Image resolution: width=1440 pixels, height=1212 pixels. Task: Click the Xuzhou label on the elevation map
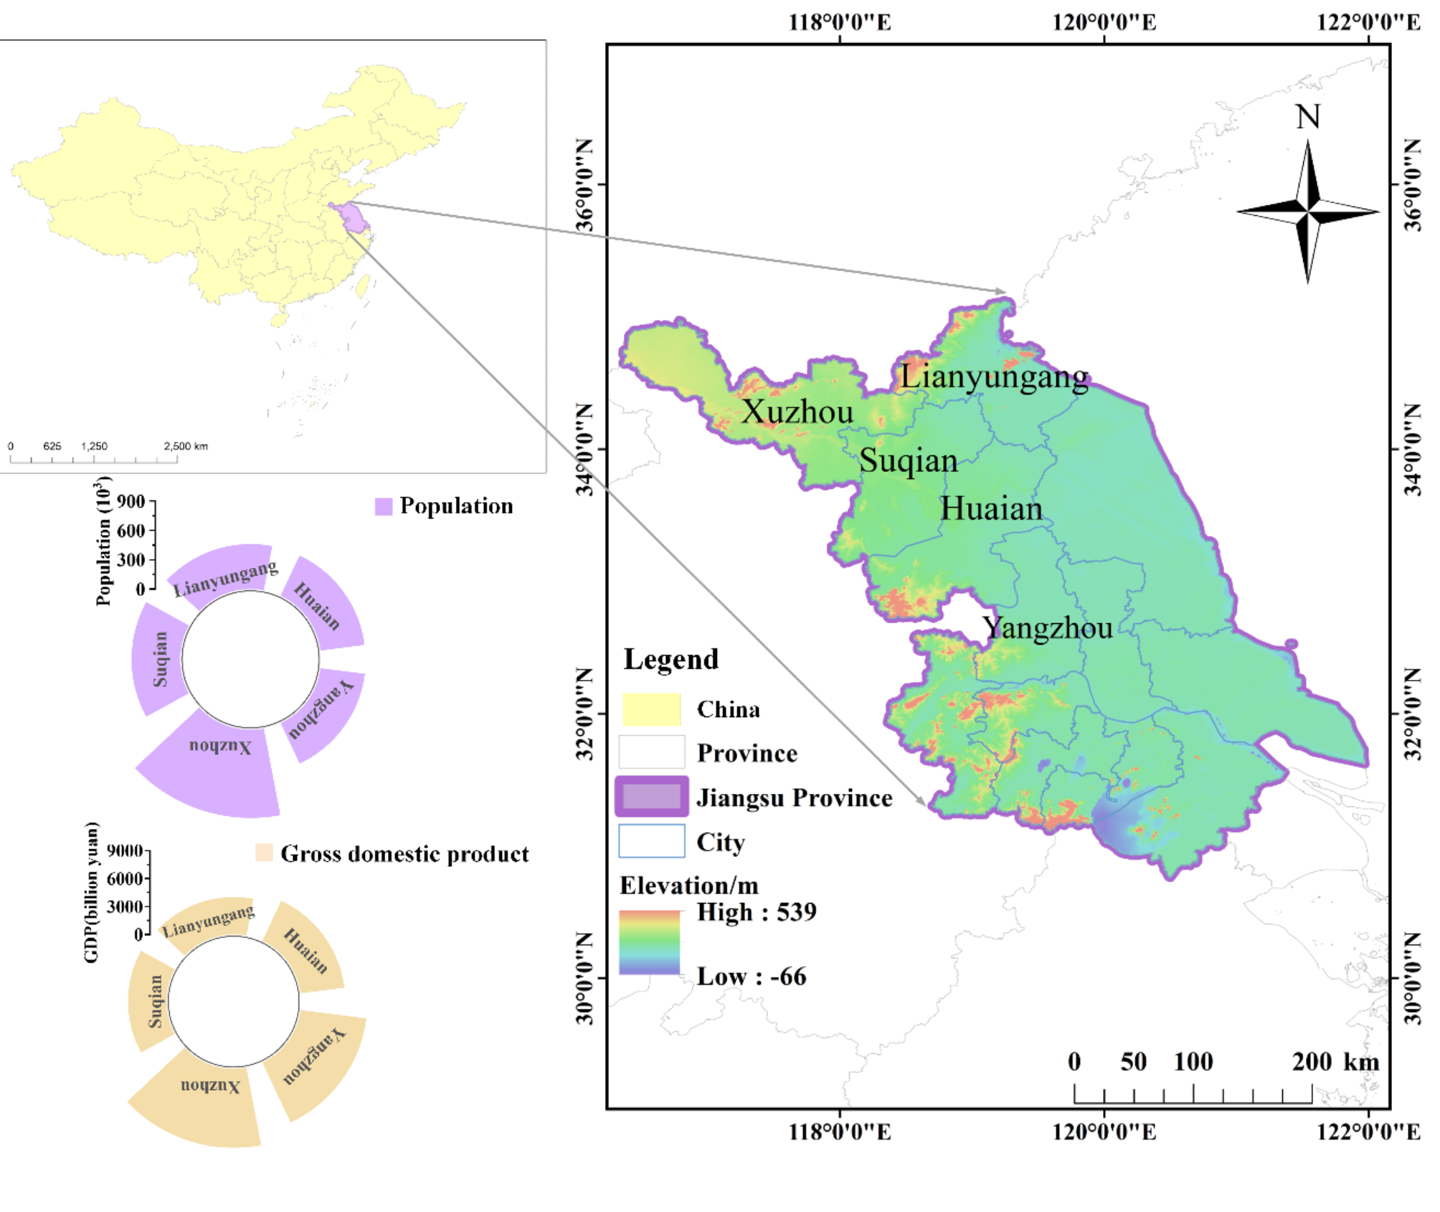(797, 412)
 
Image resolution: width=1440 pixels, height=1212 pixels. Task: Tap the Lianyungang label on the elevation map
(994, 377)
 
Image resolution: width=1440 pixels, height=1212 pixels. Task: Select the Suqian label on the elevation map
(908, 461)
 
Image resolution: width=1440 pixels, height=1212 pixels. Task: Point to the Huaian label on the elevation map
(990, 509)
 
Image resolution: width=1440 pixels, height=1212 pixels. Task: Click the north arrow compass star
(1308, 212)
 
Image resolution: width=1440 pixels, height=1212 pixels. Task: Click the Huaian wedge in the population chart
(323, 606)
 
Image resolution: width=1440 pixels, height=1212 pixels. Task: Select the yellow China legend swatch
(651, 710)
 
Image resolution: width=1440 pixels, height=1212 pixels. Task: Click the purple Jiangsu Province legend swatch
(651, 797)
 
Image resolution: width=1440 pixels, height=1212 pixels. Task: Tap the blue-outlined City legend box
(651, 841)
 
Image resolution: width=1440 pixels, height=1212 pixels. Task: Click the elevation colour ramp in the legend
(649, 942)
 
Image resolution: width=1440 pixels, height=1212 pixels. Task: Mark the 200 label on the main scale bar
(1311, 1062)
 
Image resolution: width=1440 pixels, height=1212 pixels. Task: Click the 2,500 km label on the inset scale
(185, 446)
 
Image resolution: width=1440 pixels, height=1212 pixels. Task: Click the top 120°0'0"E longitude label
(1103, 22)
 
